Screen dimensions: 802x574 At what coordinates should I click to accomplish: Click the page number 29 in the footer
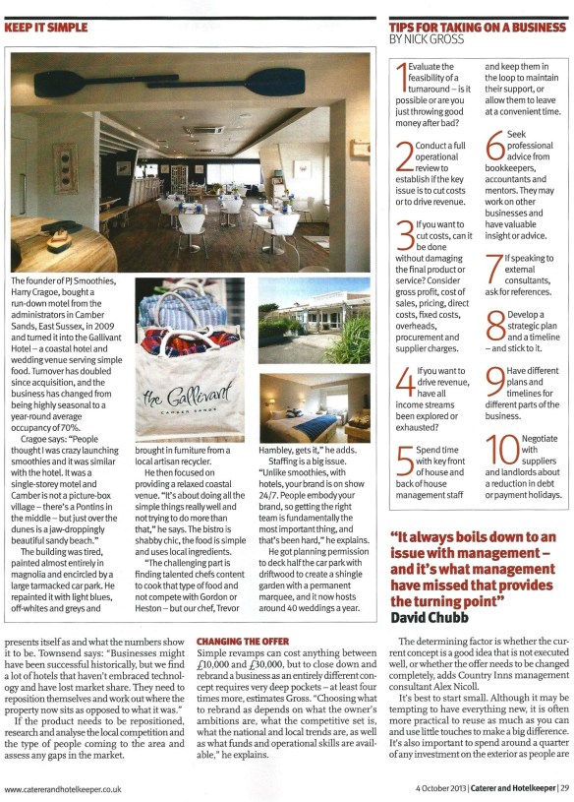(x=564, y=787)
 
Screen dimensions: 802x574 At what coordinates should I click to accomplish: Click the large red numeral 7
(x=495, y=266)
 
